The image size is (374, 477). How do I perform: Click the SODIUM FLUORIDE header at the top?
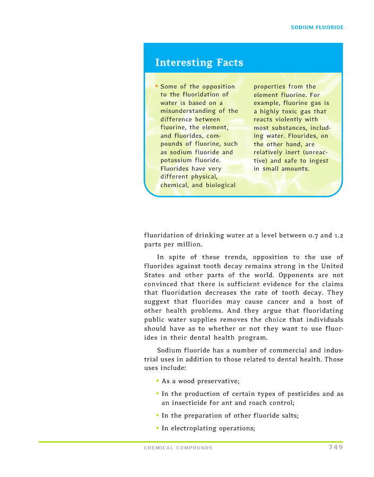coord(317,27)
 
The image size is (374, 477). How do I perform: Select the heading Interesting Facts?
coord(199,63)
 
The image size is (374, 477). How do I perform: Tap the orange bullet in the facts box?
coord(156,86)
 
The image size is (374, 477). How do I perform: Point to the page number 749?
coord(335,447)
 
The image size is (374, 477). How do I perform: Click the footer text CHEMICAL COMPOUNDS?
coord(178,448)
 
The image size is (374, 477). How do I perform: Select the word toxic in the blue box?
coord(289,111)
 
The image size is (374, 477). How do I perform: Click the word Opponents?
coord(284,276)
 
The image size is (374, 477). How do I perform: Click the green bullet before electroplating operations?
coord(158,429)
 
